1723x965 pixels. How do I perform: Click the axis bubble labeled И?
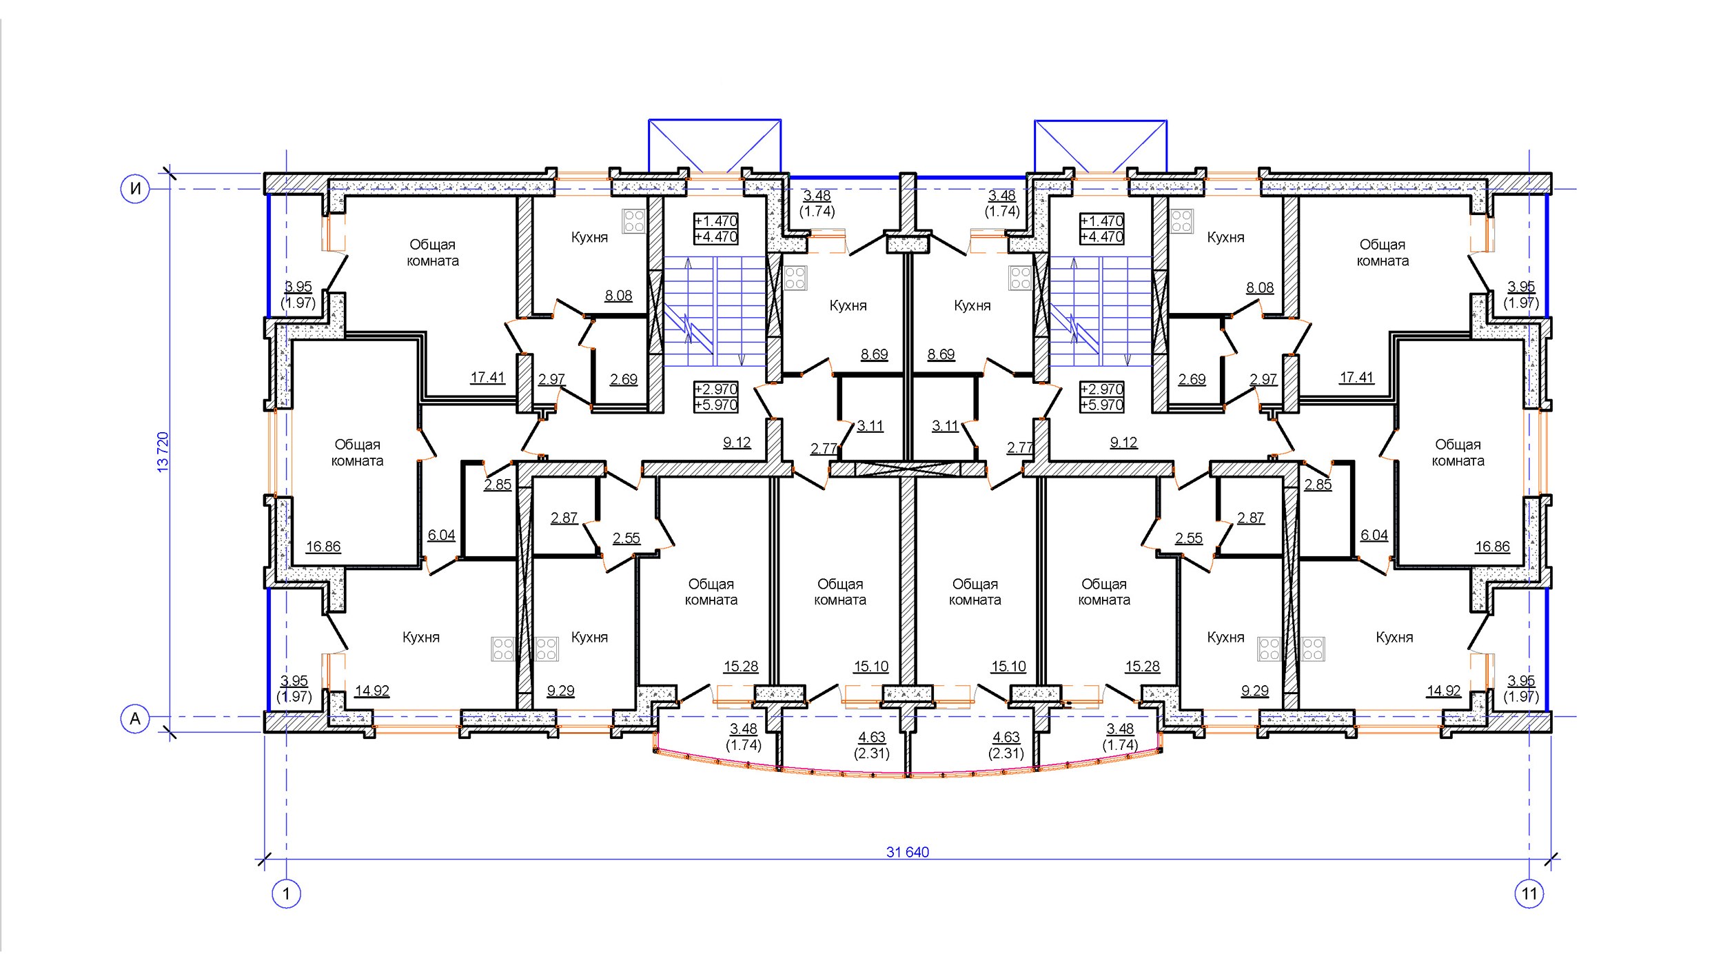135,188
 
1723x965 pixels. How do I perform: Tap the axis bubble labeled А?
135,719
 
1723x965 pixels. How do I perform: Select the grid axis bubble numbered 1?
286,894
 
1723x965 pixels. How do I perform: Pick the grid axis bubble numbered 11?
1529,894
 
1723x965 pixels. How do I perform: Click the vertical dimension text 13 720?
163,452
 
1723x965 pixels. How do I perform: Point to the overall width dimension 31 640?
908,852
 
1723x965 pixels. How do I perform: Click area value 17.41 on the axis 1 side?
488,378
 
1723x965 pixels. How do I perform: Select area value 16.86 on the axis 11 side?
1492,547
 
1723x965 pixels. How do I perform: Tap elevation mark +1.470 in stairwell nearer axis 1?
716,221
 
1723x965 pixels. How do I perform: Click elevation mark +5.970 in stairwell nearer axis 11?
1102,405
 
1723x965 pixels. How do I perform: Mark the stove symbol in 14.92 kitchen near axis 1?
502,649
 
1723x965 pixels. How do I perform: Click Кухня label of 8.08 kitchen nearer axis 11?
1225,237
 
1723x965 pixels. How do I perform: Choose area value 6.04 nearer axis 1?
441,535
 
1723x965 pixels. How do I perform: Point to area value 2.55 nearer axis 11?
1189,538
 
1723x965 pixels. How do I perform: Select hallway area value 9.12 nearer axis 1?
737,443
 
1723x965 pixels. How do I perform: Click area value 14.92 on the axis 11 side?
1444,691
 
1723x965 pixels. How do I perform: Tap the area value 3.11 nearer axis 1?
870,426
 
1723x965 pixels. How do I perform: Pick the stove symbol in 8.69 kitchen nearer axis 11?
1020,278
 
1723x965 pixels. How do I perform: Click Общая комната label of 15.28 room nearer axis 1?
711,592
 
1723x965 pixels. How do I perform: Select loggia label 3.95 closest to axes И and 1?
298,287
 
